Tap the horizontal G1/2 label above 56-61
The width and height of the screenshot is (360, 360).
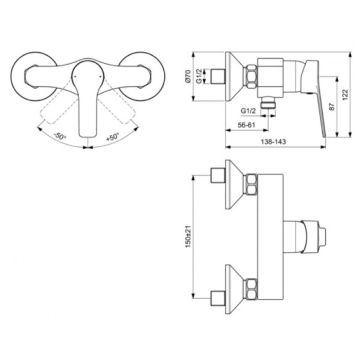click(x=248, y=110)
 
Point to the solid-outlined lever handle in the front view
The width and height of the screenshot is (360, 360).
click(x=88, y=96)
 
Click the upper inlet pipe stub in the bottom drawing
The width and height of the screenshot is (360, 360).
click(x=218, y=176)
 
